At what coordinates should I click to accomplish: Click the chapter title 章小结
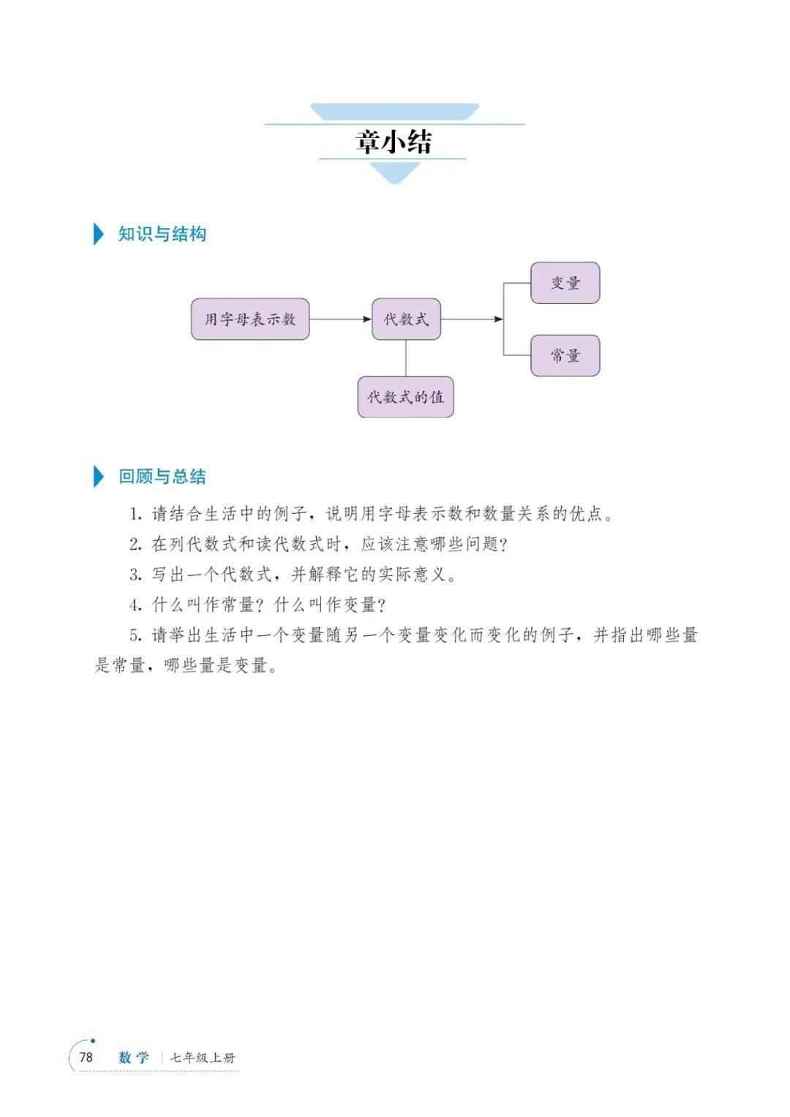[x=394, y=142]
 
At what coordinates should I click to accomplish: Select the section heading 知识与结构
[x=162, y=234]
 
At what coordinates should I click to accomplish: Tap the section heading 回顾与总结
[x=162, y=476]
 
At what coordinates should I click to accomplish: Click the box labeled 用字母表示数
[x=250, y=319]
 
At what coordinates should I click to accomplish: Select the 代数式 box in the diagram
[x=406, y=319]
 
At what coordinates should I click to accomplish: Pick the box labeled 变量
[x=565, y=283]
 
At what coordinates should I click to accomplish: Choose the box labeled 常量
[x=565, y=355]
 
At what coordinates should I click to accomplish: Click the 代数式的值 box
[x=406, y=397]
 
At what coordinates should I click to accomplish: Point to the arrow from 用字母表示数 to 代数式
[x=340, y=319]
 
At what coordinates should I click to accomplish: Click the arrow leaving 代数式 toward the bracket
[x=472, y=319]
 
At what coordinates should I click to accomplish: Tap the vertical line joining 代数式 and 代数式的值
[x=406, y=358]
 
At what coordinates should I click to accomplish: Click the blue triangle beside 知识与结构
[x=98, y=234]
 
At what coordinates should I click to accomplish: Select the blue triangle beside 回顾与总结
[x=98, y=476]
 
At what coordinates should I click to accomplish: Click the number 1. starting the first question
[x=136, y=514]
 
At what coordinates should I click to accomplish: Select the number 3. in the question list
[x=136, y=575]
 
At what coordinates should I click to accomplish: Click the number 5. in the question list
[x=136, y=636]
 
